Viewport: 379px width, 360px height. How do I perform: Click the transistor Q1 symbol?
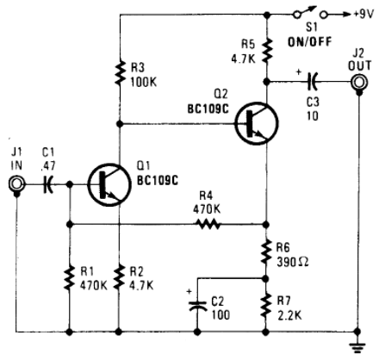(x=109, y=184)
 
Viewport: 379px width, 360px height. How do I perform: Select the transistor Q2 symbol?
(x=257, y=123)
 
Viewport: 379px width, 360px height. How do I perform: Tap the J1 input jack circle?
(x=16, y=183)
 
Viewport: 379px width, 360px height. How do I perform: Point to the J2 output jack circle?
(x=359, y=83)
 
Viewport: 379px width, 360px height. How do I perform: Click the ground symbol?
(x=357, y=347)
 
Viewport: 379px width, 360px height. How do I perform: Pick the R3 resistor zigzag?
(x=121, y=72)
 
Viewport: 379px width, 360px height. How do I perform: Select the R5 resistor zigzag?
(x=267, y=51)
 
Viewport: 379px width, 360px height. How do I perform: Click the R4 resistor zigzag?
(x=209, y=224)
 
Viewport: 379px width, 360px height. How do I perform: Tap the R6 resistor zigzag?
(x=266, y=252)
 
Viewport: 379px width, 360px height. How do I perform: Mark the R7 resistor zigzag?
(x=266, y=306)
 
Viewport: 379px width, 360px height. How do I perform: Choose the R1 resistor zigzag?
(x=69, y=278)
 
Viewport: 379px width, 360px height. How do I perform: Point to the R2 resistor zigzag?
(x=119, y=278)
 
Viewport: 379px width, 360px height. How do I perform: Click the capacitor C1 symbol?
(x=48, y=184)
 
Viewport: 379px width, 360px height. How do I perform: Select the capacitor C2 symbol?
(x=197, y=306)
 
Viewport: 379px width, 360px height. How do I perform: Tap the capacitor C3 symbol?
(x=312, y=82)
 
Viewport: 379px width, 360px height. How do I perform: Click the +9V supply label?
(x=363, y=14)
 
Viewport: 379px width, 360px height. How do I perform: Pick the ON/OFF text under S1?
(x=310, y=42)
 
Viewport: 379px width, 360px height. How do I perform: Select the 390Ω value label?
(x=293, y=262)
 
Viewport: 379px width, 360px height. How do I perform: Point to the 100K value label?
(x=144, y=83)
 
